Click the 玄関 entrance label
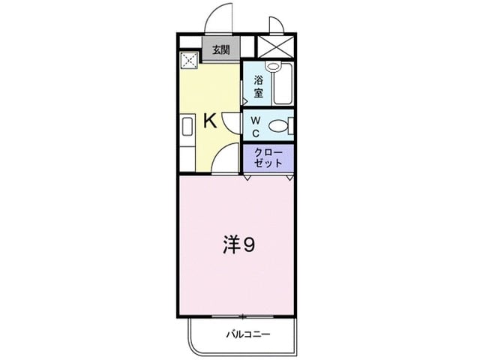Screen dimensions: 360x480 [220, 51]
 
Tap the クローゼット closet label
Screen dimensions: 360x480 [268, 157]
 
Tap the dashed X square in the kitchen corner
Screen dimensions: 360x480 [188, 59]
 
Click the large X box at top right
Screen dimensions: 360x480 [274, 47]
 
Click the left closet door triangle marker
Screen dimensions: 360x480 [248, 178]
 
